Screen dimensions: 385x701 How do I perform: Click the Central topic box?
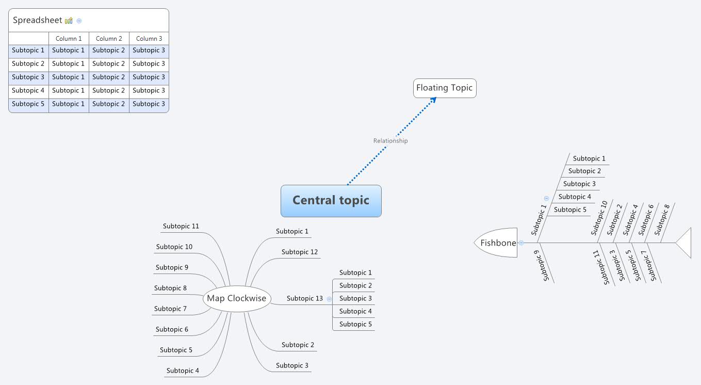point(331,201)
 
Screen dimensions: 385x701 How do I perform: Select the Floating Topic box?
point(444,88)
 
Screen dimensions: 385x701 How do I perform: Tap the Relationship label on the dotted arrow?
point(390,141)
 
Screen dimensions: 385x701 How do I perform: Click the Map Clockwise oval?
point(236,298)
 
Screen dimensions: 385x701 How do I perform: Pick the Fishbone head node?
point(497,243)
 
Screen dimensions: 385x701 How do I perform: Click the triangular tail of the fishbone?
point(684,243)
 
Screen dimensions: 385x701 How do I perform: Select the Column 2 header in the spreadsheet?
point(109,39)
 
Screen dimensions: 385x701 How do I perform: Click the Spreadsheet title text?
point(37,21)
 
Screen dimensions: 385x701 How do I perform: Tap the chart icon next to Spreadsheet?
point(69,21)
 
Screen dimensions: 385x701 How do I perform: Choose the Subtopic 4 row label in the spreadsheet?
point(28,90)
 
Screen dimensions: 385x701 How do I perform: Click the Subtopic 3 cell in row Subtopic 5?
point(149,104)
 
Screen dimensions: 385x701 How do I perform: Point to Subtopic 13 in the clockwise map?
point(304,298)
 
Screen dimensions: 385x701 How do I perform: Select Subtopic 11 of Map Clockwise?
point(181,226)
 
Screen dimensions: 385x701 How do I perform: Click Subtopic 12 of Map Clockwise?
point(299,252)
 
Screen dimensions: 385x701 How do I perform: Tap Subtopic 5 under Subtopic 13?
point(355,324)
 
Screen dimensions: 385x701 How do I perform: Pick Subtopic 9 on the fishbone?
point(546,266)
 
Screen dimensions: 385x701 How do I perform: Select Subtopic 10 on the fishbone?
point(599,218)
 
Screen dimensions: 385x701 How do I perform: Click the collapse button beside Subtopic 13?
point(329,299)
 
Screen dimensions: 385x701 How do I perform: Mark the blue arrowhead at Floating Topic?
point(433,100)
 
